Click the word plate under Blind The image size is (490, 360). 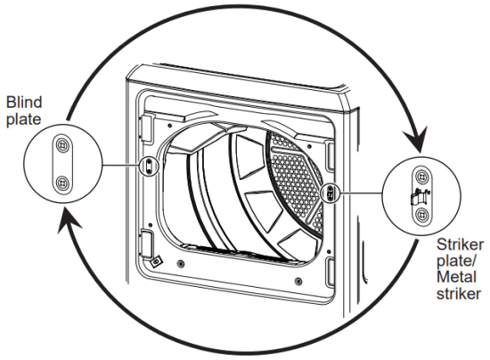pos(20,119)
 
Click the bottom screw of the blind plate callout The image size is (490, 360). pos(61,183)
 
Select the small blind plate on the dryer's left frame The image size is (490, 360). pos(149,166)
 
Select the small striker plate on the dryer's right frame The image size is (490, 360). pos(328,191)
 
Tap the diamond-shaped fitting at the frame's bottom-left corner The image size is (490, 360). pos(157,261)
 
